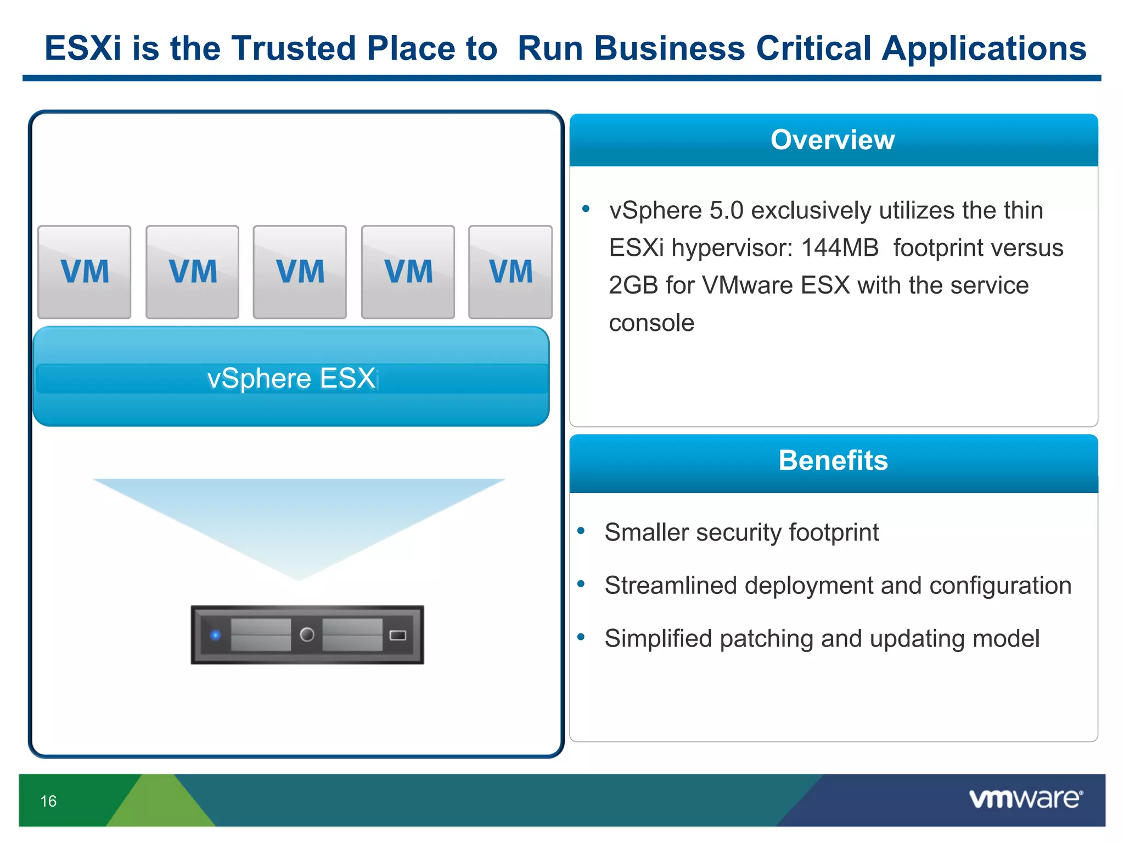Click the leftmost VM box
click(x=85, y=272)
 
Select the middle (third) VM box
click(x=300, y=272)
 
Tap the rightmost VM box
click(x=510, y=272)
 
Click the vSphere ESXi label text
click(x=293, y=379)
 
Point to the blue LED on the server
click(x=216, y=635)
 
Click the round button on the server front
click(x=307, y=634)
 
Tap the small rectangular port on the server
click(x=397, y=635)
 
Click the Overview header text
click(x=833, y=139)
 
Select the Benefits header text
click(x=833, y=460)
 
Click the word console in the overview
click(x=651, y=323)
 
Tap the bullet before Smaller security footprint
click(x=581, y=530)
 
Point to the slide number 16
click(x=48, y=801)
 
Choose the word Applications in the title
click(x=983, y=48)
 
